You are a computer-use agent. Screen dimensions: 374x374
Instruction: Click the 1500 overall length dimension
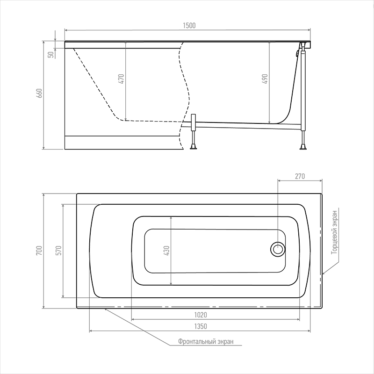tap(189, 26)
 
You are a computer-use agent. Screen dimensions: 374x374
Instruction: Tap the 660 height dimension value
tap(39, 93)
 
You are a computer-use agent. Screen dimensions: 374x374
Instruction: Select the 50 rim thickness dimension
tap(51, 55)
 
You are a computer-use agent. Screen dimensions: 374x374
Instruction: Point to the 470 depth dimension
tap(121, 79)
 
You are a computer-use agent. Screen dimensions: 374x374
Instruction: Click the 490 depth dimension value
tap(265, 79)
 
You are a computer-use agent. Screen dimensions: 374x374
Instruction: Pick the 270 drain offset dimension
tap(300, 176)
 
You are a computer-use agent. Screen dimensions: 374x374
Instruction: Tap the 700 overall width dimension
tap(39, 251)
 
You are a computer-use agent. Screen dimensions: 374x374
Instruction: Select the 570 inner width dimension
tap(59, 251)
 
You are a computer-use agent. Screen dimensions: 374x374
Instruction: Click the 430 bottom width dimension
tap(166, 251)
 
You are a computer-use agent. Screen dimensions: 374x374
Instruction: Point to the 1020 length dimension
tap(201, 315)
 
